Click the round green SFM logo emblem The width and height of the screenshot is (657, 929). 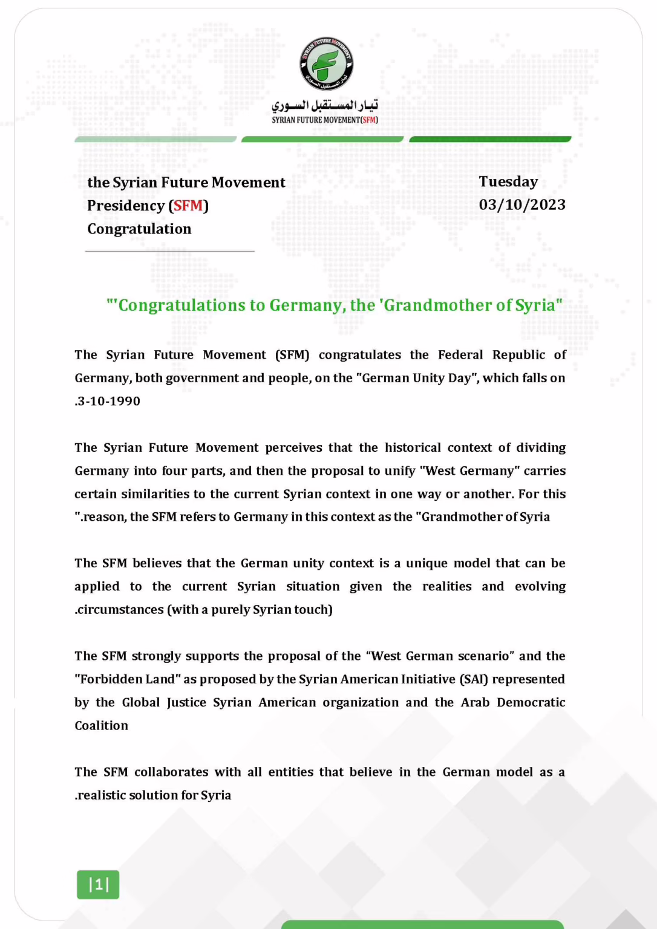[327, 64]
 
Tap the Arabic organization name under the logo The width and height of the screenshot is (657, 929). [325, 105]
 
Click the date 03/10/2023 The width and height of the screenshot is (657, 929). [522, 205]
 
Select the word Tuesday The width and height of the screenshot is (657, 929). [508, 182]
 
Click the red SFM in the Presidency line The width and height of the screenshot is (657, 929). [188, 206]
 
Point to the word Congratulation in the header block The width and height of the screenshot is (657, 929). [139, 229]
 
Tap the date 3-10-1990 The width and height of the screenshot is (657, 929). [109, 402]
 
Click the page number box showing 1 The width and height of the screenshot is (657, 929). [98, 885]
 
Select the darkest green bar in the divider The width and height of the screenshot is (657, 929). [490, 140]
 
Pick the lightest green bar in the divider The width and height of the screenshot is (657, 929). [155, 140]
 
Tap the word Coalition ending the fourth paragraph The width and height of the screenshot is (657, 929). [102, 726]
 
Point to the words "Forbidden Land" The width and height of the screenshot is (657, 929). [128, 679]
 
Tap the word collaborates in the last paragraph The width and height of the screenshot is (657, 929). [171, 772]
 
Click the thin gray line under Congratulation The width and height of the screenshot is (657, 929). [169, 251]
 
